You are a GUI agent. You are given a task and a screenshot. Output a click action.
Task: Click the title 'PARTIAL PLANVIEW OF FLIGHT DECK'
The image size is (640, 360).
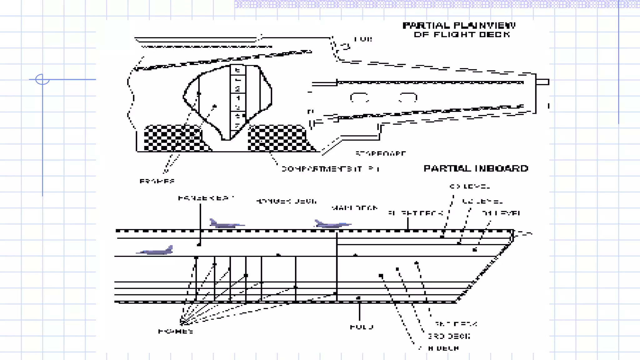[x=459, y=30]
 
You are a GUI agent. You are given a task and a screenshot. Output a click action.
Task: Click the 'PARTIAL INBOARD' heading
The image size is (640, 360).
[x=476, y=168]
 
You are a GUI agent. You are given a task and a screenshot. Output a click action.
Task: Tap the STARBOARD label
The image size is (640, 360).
[x=381, y=153]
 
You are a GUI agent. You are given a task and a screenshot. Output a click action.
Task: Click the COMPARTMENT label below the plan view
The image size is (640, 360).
[x=330, y=169]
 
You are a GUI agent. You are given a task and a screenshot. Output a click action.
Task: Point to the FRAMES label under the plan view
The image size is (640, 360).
[x=157, y=181]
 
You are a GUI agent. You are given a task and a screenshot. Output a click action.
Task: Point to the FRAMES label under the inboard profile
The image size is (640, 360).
[x=175, y=331]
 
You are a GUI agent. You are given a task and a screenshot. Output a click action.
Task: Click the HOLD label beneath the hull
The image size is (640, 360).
[x=362, y=327]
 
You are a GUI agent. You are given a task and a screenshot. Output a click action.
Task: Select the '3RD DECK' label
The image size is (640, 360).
[x=449, y=336]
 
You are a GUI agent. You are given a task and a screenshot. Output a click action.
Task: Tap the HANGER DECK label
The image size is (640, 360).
[x=286, y=201]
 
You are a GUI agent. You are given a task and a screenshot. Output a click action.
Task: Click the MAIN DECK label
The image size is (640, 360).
[x=354, y=208]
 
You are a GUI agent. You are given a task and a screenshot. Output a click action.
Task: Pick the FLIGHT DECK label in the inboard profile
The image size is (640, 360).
[x=416, y=213]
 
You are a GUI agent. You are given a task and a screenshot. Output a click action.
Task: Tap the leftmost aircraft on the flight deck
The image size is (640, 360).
[x=226, y=224]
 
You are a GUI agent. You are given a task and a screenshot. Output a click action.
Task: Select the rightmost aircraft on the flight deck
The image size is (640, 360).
[x=332, y=224]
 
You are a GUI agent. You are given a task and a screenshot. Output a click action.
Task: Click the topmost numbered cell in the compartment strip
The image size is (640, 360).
[x=238, y=70]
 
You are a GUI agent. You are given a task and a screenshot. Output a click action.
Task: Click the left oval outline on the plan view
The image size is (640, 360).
[x=359, y=97]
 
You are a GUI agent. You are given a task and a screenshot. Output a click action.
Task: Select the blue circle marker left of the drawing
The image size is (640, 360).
[x=42, y=79]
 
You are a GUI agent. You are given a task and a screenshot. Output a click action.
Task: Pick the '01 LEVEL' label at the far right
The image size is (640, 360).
[x=501, y=213]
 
